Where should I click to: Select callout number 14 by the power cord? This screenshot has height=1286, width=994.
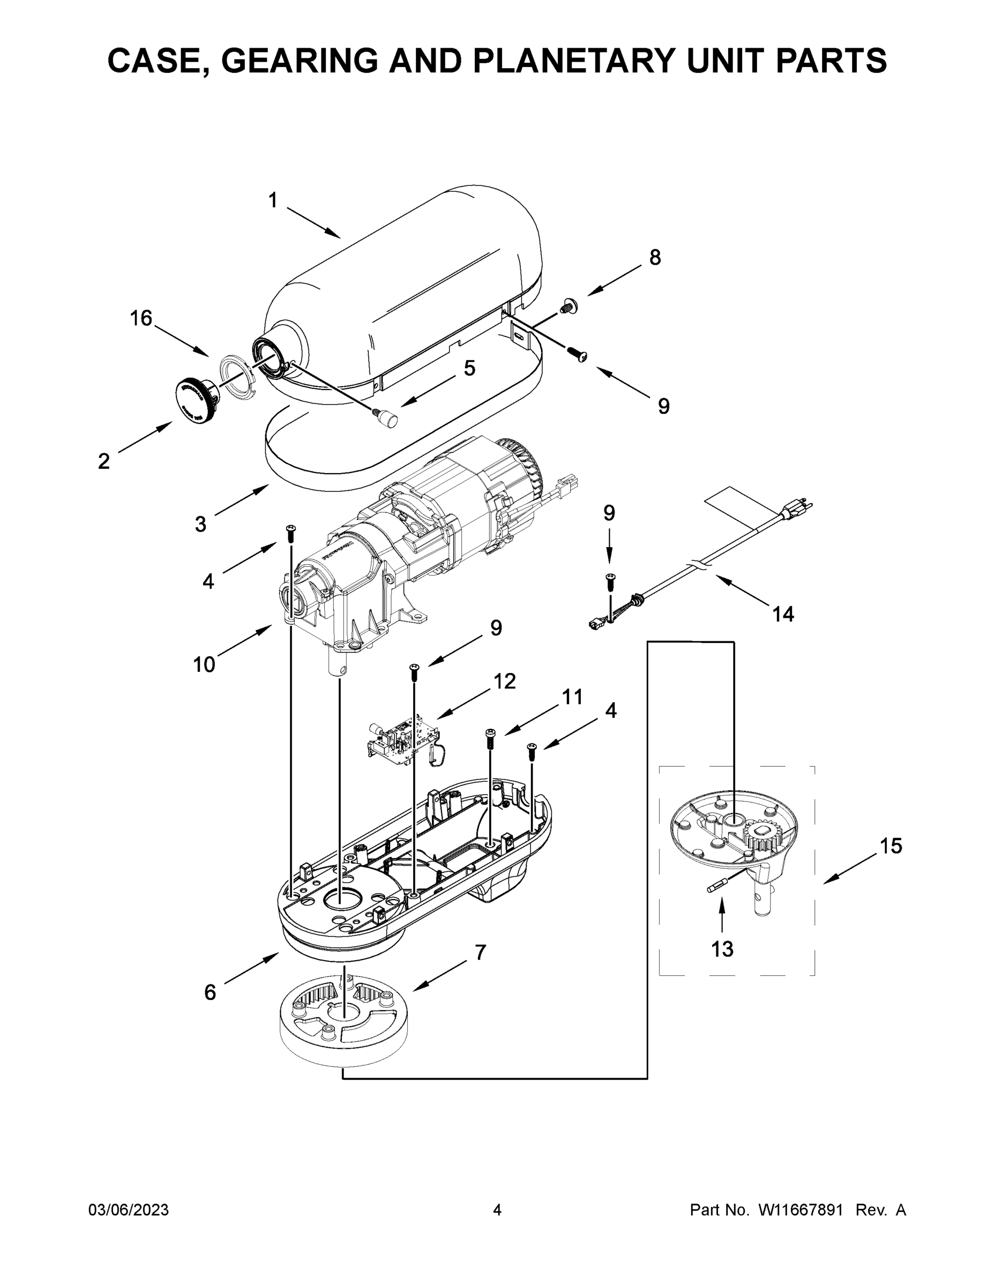(x=782, y=614)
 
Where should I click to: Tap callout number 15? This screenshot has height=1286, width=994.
(x=891, y=846)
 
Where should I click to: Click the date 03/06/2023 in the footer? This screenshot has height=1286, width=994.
(x=129, y=1210)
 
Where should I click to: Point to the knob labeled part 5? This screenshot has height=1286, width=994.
(x=387, y=417)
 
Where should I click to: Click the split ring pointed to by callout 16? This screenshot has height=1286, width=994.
(x=238, y=377)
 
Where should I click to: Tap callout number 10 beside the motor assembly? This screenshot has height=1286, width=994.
(x=204, y=665)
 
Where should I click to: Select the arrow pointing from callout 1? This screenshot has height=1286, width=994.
(x=314, y=222)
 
